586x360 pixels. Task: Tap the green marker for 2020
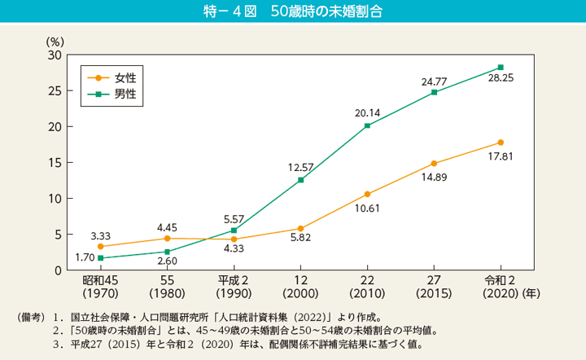501,67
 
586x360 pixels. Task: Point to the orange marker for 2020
501,143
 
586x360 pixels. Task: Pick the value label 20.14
368,112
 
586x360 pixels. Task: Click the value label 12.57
301,167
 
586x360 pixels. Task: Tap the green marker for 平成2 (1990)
234,230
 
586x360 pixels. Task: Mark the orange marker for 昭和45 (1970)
100,246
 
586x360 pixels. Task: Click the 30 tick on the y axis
55,55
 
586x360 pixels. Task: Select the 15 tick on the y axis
55,162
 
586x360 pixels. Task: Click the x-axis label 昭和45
100,280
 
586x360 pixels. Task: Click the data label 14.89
434,178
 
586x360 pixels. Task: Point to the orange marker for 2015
434,164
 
